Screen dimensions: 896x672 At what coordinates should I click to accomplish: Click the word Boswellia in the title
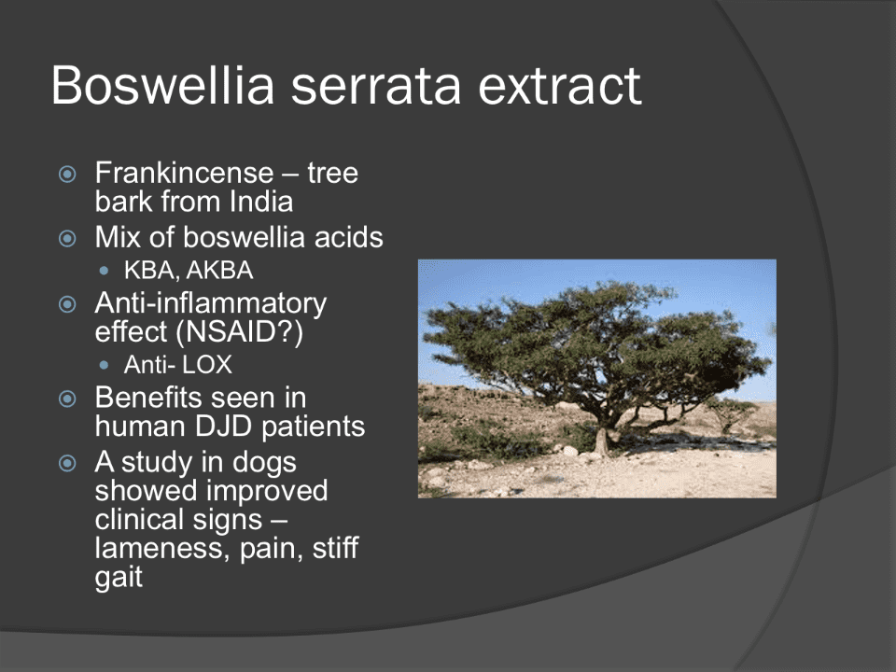point(162,85)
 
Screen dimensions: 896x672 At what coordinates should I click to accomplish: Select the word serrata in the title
point(375,87)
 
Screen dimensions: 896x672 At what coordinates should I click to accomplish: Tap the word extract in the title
point(559,87)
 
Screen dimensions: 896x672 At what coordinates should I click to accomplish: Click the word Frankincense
point(184,173)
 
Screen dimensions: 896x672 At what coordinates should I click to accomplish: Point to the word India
point(261,202)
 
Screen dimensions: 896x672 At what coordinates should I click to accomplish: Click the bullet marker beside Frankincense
point(67,174)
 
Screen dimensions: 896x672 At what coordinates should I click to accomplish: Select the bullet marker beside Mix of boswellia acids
point(67,238)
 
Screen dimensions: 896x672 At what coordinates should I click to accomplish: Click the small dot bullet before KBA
point(104,271)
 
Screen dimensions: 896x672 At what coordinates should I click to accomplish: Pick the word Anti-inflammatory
point(210,304)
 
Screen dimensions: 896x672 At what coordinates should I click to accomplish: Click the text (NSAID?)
point(240,332)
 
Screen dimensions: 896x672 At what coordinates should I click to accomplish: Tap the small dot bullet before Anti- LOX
point(104,365)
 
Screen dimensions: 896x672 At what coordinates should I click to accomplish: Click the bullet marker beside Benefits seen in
point(67,399)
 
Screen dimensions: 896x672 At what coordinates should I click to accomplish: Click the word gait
point(119,578)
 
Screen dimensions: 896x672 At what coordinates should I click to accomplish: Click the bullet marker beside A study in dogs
point(67,463)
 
